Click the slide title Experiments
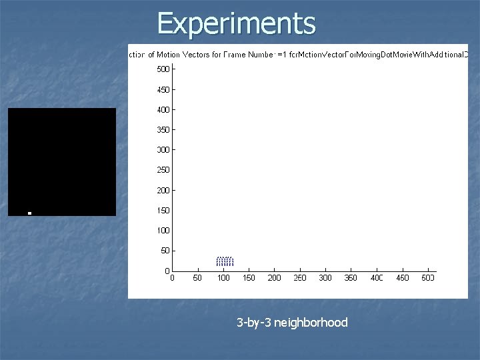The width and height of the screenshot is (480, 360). tap(236, 23)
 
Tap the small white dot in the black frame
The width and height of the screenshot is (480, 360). tap(29, 213)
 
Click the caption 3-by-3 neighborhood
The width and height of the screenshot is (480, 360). tap(292, 323)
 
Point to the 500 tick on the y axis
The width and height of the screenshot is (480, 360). tap(163, 69)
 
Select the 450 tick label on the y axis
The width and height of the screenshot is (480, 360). tap(163, 89)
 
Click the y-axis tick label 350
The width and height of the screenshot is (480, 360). tap(163, 129)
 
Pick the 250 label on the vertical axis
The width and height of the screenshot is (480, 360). tap(163, 170)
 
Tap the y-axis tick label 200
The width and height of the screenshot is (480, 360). tap(163, 190)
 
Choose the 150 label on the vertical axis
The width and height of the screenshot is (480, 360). tap(163, 211)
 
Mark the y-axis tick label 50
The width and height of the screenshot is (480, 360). tap(165, 251)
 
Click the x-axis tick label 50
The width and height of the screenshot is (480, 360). tap(197, 278)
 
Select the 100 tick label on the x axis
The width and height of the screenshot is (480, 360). tap(223, 278)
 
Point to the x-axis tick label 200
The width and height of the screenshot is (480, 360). tap(274, 278)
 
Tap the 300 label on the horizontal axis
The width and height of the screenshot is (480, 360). tap(325, 278)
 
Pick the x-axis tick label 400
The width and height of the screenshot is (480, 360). tap(377, 278)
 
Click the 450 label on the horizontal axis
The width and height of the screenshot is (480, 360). tap(402, 278)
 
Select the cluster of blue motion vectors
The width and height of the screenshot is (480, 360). tap(225, 261)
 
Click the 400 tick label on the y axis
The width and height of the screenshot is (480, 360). tap(163, 109)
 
